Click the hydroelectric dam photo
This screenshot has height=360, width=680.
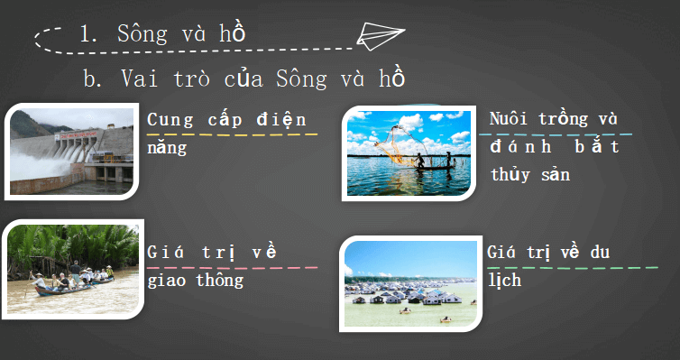(x=74, y=150)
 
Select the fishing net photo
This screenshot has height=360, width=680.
(x=409, y=153)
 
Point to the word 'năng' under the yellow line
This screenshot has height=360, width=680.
(x=167, y=148)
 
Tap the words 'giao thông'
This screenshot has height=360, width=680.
(x=195, y=280)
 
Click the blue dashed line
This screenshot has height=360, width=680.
(x=560, y=134)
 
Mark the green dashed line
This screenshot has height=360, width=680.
(x=573, y=267)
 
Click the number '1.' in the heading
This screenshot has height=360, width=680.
(x=88, y=34)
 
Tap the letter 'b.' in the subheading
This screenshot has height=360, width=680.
(x=92, y=79)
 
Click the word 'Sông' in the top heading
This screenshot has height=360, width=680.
(x=142, y=33)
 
